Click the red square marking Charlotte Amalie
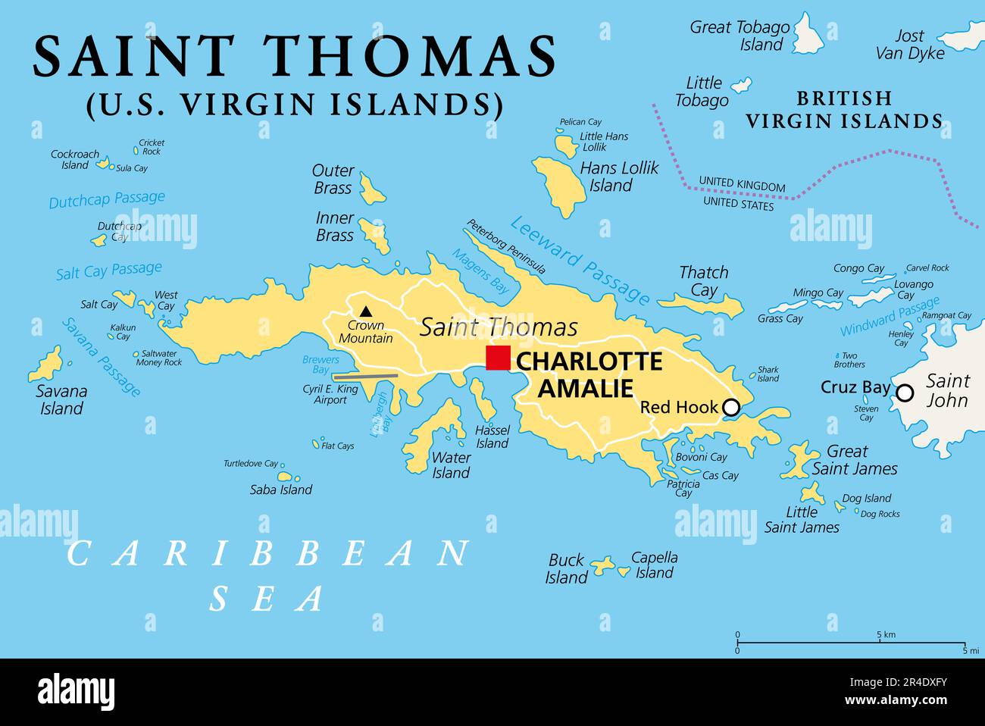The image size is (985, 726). (x=498, y=358)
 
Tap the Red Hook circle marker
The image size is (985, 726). (x=730, y=408)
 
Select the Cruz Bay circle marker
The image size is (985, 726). (x=905, y=393)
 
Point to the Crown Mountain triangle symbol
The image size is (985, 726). (x=366, y=311)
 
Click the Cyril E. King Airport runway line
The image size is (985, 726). (x=366, y=375)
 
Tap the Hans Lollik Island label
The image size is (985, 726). (x=618, y=177)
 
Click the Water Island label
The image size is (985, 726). (x=451, y=465)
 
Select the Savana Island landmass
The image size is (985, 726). (x=47, y=366)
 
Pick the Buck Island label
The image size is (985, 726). (x=567, y=568)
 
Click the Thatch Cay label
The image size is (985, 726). (x=703, y=281)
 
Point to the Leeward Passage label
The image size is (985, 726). (x=580, y=260)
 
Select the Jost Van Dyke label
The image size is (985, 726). (x=910, y=44)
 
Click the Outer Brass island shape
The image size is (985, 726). (x=371, y=189)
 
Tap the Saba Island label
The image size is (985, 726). (x=280, y=490)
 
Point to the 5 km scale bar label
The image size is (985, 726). (x=886, y=634)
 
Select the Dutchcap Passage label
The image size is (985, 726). (x=107, y=199)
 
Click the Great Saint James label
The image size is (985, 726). (x=854, y=460)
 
